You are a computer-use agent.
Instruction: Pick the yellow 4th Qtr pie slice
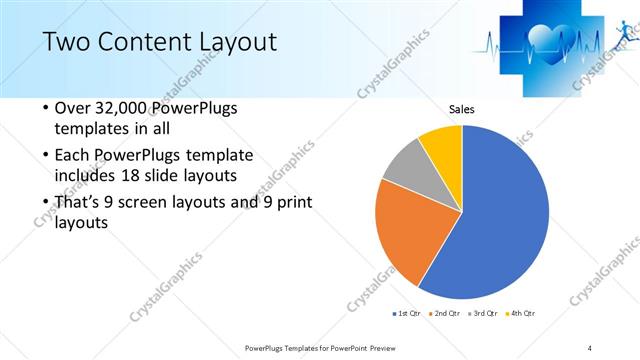pyautogui.click(x=443, y=145)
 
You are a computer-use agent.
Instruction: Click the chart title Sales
pyautogui.click(x=461, y=109)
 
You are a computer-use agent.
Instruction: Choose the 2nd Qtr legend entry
pyautogui.click(x=443, y=314)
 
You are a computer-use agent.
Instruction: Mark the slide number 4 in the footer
pyautogui.click(x=590, y=347)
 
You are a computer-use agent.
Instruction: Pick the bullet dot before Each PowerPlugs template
pyautogui.click(x=45, y=155)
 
